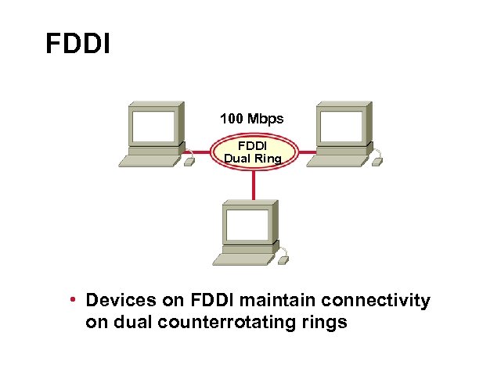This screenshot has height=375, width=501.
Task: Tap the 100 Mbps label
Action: tap(251, 120)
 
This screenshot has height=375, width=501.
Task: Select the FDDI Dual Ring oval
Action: tap(252, 152)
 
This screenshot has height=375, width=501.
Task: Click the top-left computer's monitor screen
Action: tap(153, 124)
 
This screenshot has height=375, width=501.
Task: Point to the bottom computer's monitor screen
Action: tap(247, 223)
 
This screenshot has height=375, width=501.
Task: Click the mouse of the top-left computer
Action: tap(189, 162)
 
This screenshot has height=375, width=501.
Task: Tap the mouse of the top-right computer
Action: tap(377, 162)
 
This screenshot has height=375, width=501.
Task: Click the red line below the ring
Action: tap(254, 184)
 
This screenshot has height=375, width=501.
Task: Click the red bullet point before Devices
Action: tap(72, 301)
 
